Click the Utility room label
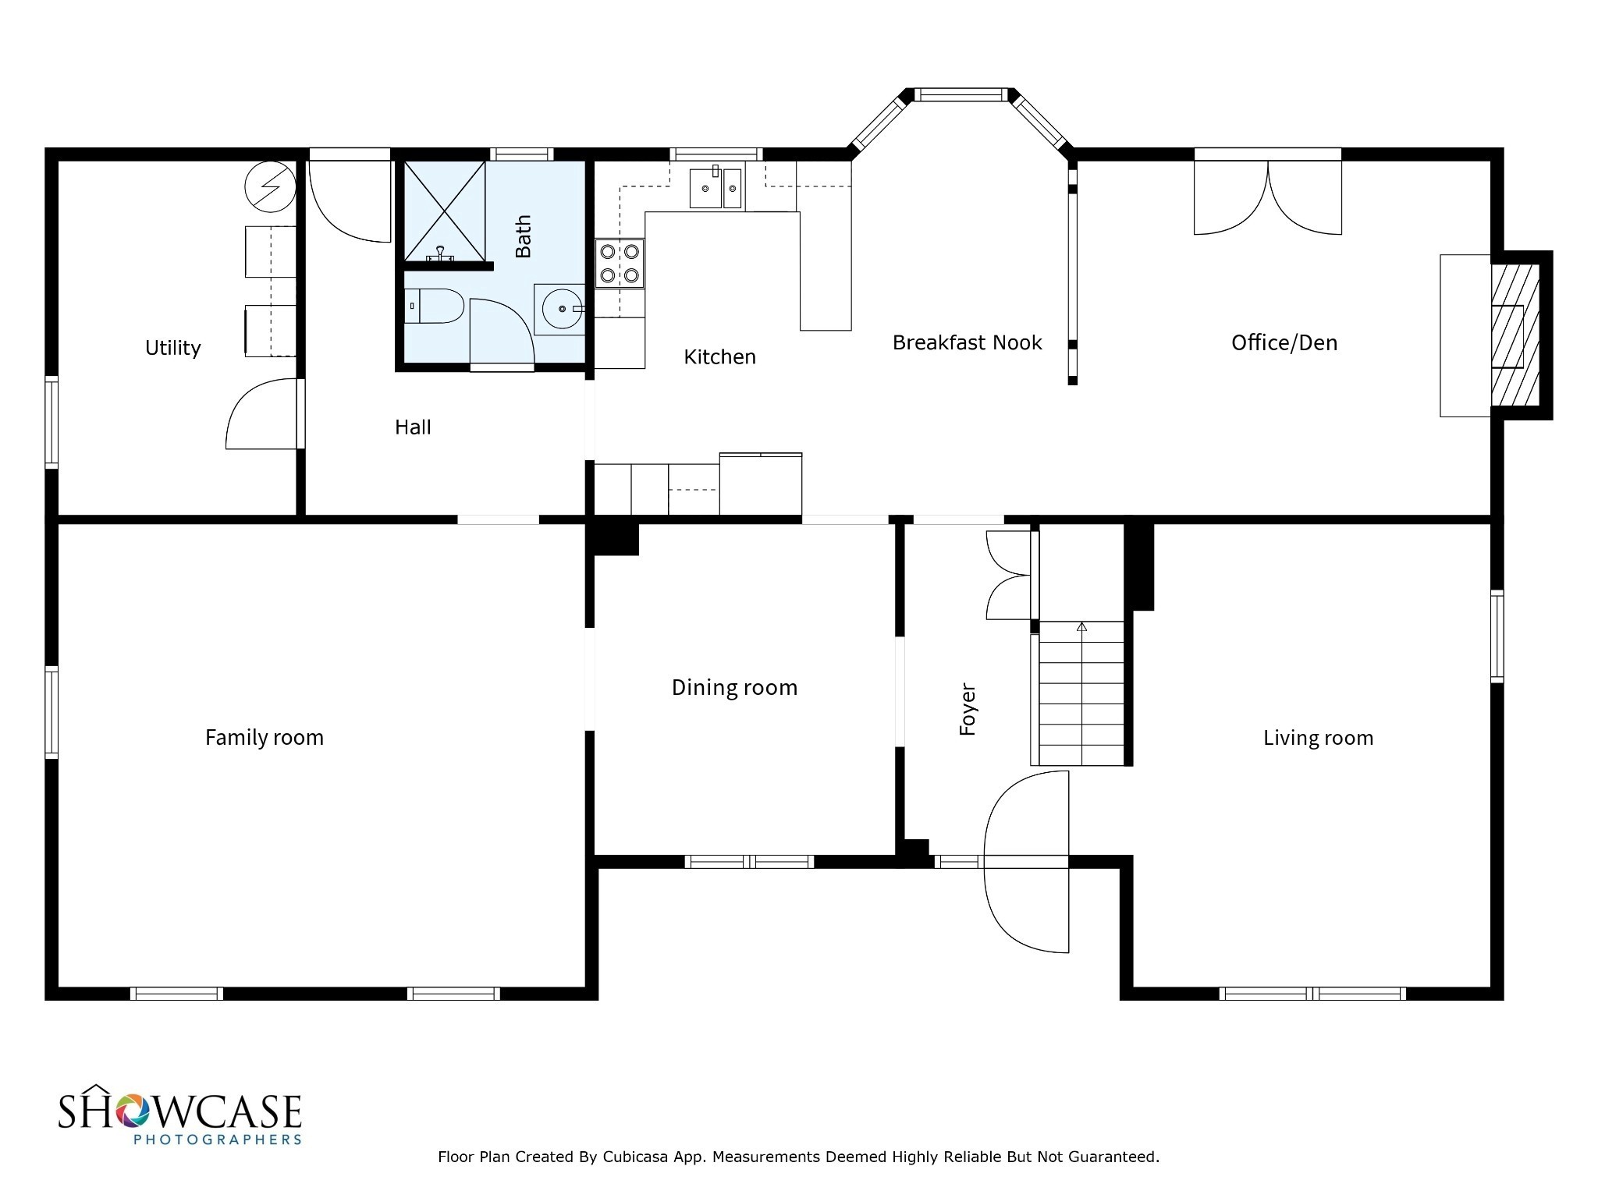coord(172,348)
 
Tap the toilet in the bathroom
coord(435,307)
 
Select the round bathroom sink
coord(561,309)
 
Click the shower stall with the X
coord(444,211)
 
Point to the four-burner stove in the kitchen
coord(620,264)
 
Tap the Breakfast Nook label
coord(967,342)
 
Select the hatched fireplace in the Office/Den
coord(1515,335)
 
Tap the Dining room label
coord(734,687)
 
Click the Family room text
coord(264,737)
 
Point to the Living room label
coord(1318,738)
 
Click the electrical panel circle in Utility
coord(270,187)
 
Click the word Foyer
coord(968,709)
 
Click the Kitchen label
coord(719,357)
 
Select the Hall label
coord(413,427)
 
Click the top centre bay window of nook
coord(961,95)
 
